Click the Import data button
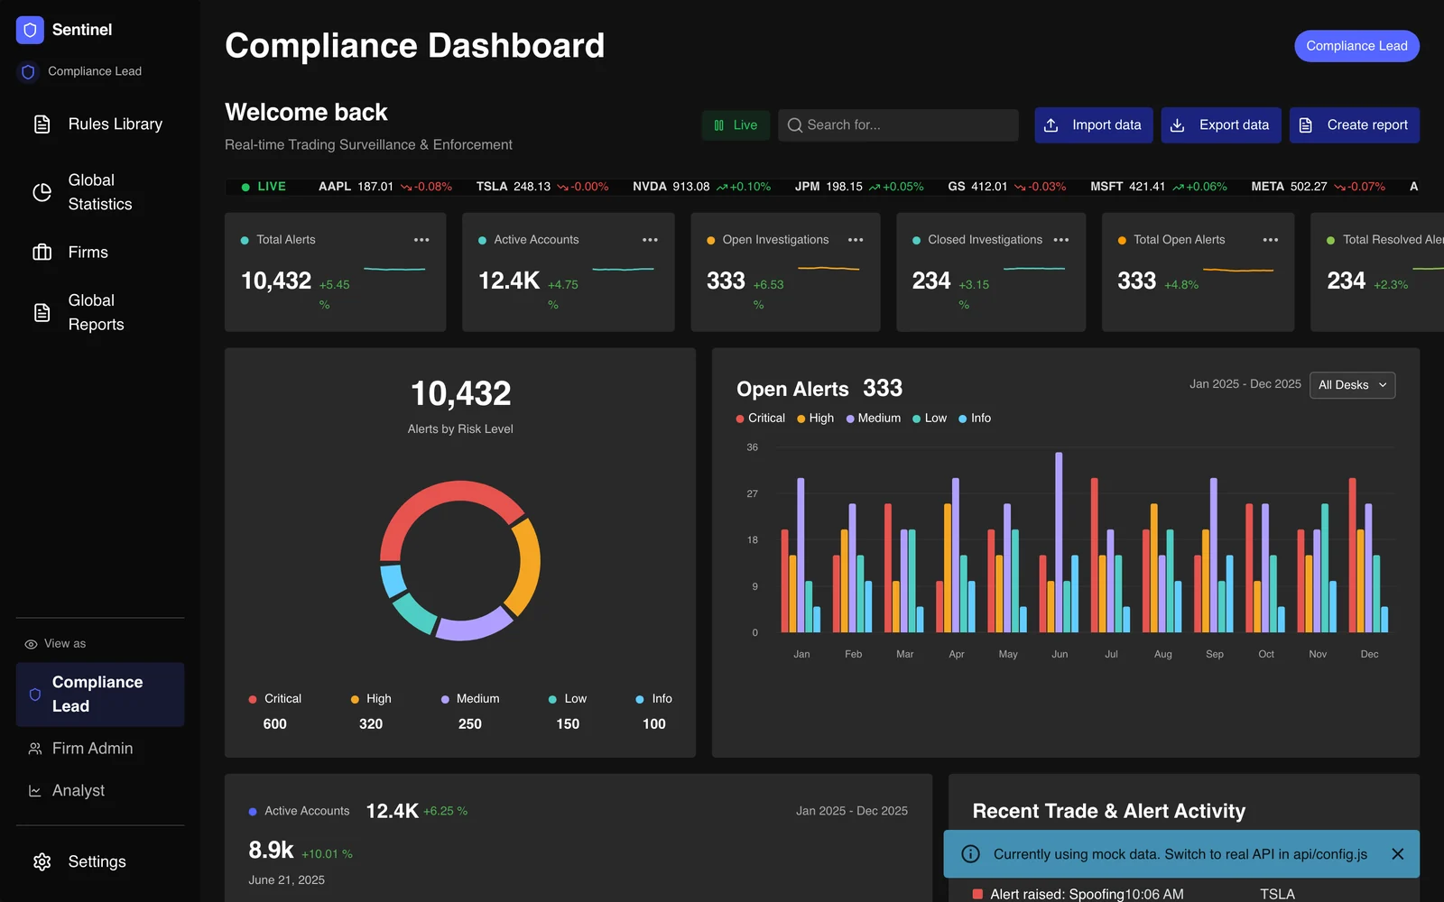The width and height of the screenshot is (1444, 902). point(1093,125)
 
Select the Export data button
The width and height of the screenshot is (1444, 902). point(1220,125)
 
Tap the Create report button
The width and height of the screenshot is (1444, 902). point(1354,125)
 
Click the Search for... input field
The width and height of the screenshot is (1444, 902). point(898,125)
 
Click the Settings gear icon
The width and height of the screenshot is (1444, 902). point(42,862)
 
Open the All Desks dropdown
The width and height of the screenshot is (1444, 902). point(1353,384)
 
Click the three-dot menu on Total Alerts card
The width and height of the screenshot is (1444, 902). point(421,240)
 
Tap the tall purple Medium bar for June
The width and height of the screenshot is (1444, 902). point(1059,542)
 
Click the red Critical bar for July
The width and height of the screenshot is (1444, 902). point(1095,555)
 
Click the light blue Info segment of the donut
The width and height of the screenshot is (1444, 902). point(393,581)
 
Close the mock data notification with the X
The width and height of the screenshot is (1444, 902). point(1398,853)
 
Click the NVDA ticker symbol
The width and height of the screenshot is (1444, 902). point(649,186)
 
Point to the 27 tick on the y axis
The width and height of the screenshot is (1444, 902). point(753,493)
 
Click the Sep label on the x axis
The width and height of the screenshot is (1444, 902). point(1215,654)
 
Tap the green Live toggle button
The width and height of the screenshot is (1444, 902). point(736,125)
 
